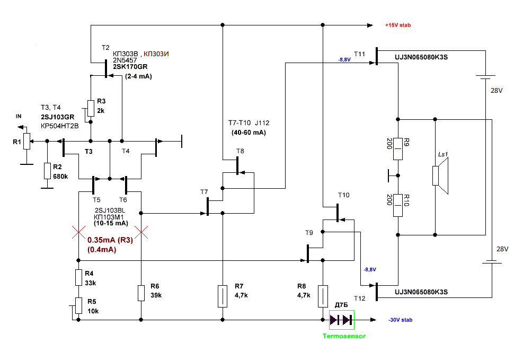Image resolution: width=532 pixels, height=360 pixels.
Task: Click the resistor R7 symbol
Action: (222, 296)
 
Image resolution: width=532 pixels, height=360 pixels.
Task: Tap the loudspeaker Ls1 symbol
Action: (440, 176)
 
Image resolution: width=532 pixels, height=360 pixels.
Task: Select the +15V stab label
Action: (397, 25)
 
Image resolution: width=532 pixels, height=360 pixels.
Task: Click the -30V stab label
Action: (401, 320)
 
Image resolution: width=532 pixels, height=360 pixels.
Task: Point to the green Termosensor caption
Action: (344, 336)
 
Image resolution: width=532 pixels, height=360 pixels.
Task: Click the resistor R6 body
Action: (141, 293)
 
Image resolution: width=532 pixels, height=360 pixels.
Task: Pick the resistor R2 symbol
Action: (47, 171)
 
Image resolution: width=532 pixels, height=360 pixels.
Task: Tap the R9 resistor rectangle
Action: (398, 149)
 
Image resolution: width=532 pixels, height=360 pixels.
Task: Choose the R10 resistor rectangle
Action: (398, 205)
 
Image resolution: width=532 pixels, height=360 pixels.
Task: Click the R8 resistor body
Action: (323, 296)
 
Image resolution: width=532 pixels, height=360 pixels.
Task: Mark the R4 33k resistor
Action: (78, 277)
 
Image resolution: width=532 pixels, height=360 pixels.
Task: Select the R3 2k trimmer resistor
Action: (91, 108)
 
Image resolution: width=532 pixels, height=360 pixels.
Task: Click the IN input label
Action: (19, 116)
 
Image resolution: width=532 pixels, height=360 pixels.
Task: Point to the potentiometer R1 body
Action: (27, 141)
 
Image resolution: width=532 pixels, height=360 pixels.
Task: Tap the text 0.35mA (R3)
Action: (110, 240)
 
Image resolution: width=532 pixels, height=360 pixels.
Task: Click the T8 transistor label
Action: (240, 151)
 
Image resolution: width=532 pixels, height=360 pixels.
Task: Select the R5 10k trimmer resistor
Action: (78, 305)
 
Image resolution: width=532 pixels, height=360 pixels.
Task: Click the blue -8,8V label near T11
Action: (344, 60)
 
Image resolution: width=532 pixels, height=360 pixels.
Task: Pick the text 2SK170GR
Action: (130, 67)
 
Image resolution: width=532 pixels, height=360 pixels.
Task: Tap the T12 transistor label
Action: (360, 298)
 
